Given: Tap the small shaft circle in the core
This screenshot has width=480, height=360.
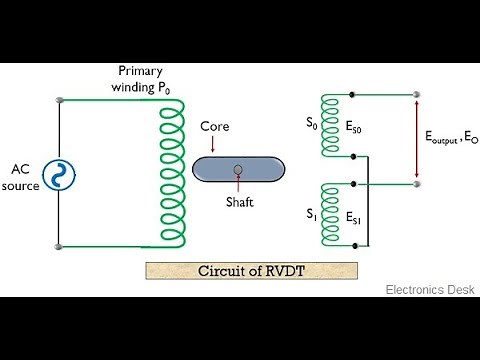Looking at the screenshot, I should click(237, 169).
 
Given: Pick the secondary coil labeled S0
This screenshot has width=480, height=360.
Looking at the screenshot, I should click(330, 127).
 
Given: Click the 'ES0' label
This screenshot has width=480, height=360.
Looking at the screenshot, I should click(356, 128).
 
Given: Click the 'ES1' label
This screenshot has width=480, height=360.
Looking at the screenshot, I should click(356, 217).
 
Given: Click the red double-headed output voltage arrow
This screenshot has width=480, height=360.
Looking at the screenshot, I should click(417, 141).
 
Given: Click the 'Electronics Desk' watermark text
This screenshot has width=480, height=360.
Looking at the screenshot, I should click(428, 289).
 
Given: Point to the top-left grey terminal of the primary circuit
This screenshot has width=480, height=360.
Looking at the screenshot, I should click(60, 100).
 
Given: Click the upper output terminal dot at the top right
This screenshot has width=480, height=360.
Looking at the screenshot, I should click(417, 97).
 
